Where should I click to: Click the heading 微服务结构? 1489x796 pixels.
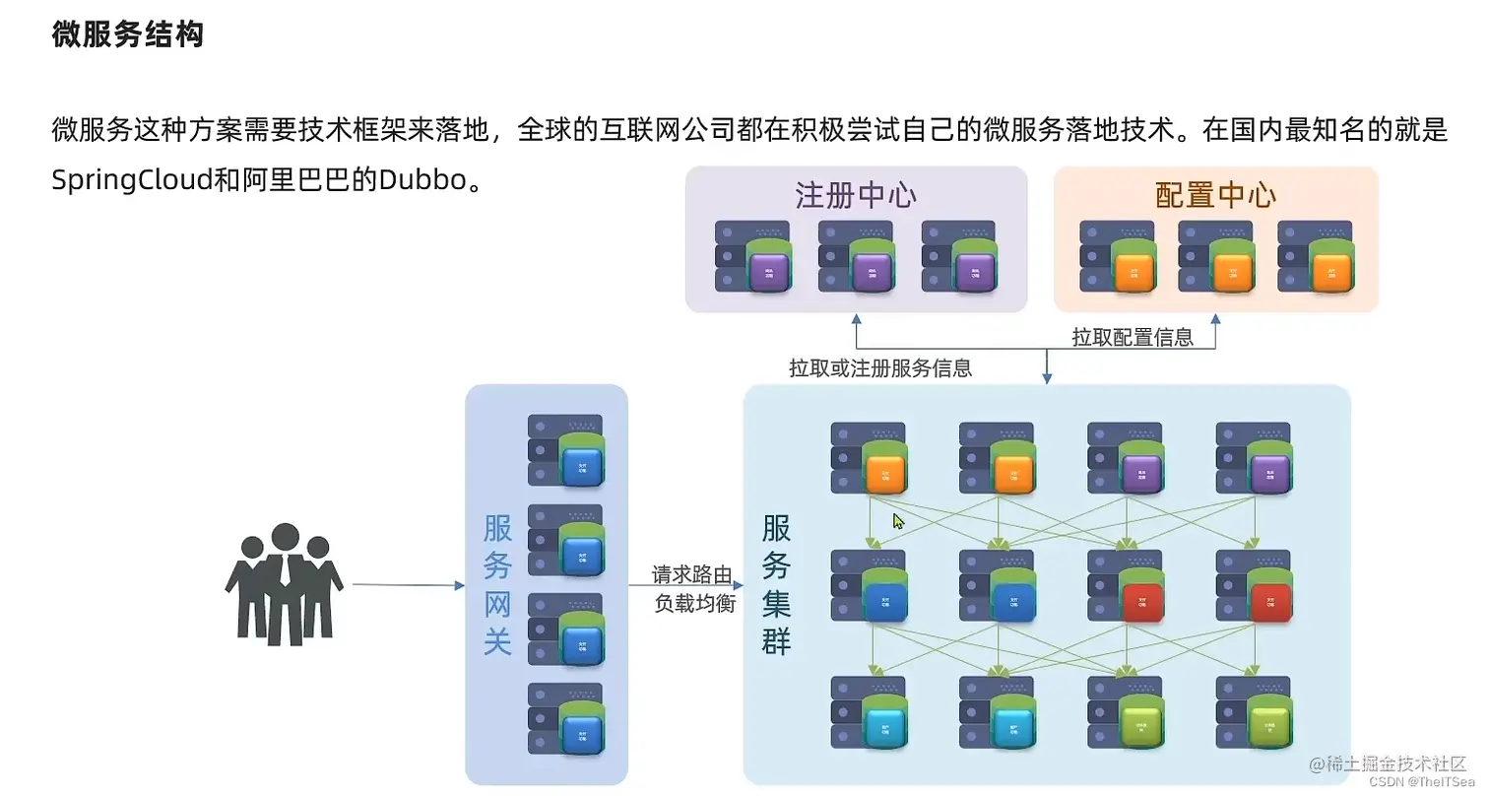pyautogui.click(x=127, y=35)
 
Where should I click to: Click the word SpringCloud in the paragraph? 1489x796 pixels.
pyautogui.click(x=132, y=181)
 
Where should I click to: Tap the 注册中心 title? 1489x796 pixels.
pyautogui.click(x=855, y=195)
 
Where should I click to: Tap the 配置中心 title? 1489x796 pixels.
pyautogui.click(x=1215, y=195)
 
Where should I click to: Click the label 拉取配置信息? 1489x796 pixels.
pyautogui.click(x=1132, y=337)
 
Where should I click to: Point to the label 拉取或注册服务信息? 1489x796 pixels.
pyautogui.click(x=880, y=368)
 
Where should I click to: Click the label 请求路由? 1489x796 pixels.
pyautogui.click(x=692, y=574)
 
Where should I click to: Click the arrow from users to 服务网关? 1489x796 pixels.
pyautogui.click(x=408, y=585)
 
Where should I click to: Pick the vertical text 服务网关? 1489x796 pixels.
pyautogui.click(x=497, y=585)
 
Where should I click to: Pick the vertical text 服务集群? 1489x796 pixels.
pyautogui.click(x=776, y=585)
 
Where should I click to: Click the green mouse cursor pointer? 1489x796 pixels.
pyautogui.click(x=898, y=521)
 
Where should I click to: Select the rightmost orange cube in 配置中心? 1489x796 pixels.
pyautogui.click(x=1330, y=270)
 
